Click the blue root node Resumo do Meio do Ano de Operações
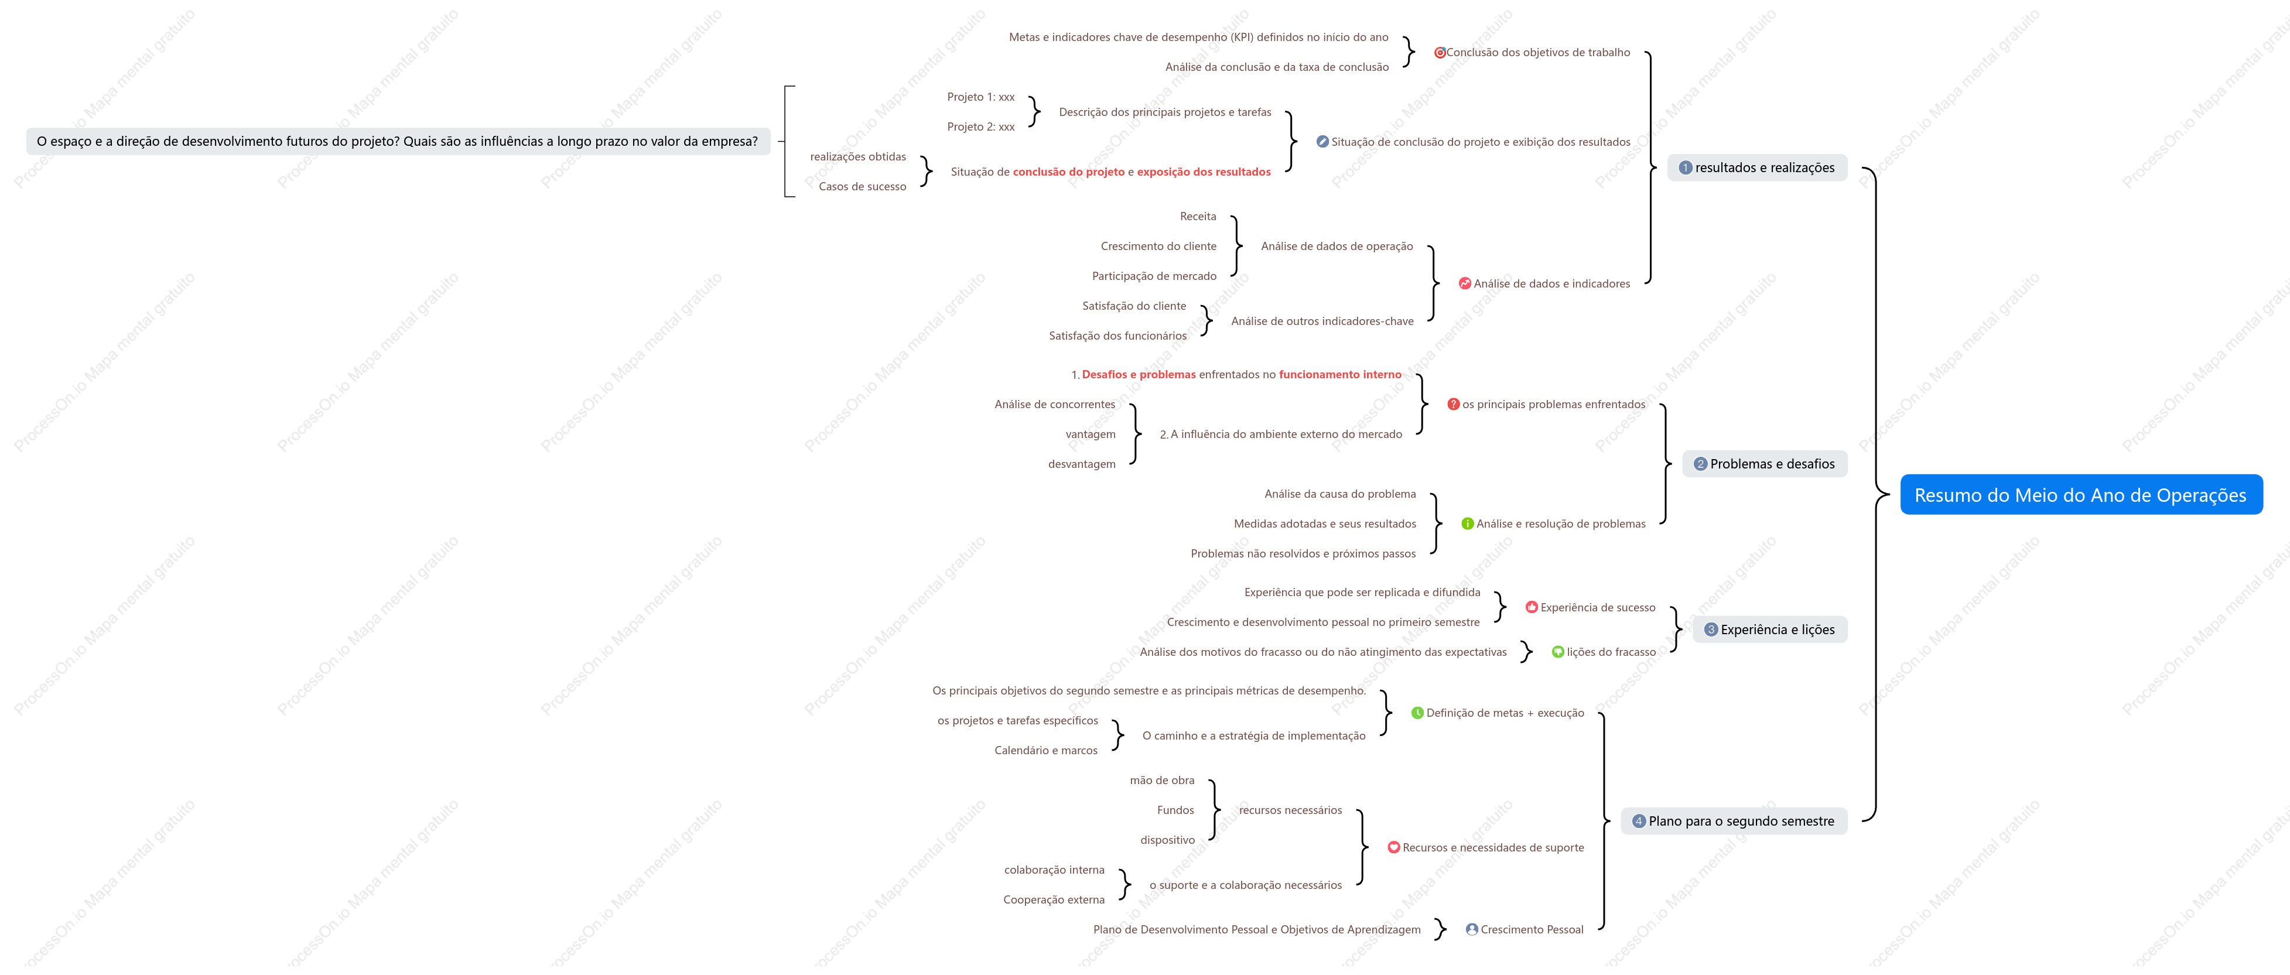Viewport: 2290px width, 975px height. pos(2080,495)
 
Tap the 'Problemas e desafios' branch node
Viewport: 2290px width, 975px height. pos(1765,464)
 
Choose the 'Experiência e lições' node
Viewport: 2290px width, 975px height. pos(1770,630)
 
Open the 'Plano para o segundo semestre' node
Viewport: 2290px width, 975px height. pos(1734,821)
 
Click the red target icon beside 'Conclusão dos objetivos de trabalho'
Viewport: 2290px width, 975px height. pos(1439,53)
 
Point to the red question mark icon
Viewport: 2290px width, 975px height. pos(1454,405)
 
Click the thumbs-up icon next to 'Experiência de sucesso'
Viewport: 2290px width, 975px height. pos(1532,607)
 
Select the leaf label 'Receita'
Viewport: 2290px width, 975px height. pos(1198,217)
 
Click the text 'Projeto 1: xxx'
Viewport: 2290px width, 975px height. pos(980,97)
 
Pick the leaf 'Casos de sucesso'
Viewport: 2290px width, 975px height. pos(862,187)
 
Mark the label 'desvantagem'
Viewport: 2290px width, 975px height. pos(1082,464)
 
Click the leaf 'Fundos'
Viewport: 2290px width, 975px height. pos(1175,810)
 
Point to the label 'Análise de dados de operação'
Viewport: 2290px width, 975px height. pos(1337,246)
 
